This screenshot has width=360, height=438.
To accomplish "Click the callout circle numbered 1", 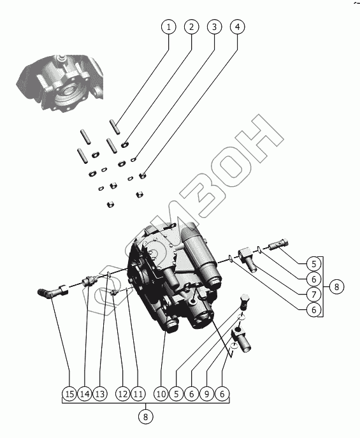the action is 169,27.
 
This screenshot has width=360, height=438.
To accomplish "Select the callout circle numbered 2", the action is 191,27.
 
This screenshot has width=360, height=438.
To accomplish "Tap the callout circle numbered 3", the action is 214,27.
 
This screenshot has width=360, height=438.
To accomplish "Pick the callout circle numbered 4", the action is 237,27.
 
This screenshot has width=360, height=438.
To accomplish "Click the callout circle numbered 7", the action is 313,295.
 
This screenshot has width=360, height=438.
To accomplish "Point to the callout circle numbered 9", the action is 207,394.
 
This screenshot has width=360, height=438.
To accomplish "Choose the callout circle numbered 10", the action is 161,394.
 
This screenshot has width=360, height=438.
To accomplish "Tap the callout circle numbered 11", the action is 138,394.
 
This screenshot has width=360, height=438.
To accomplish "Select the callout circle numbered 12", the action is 123,394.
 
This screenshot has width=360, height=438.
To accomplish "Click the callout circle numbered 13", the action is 100,394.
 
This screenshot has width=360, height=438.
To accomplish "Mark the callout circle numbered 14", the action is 85,394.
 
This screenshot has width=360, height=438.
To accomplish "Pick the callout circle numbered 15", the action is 69,394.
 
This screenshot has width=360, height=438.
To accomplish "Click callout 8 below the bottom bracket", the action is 145,417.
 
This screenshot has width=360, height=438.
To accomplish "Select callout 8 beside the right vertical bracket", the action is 336,287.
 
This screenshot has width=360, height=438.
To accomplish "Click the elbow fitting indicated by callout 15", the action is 52,292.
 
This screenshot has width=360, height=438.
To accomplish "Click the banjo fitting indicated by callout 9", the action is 241,339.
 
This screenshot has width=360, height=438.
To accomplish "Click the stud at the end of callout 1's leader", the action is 115,127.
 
